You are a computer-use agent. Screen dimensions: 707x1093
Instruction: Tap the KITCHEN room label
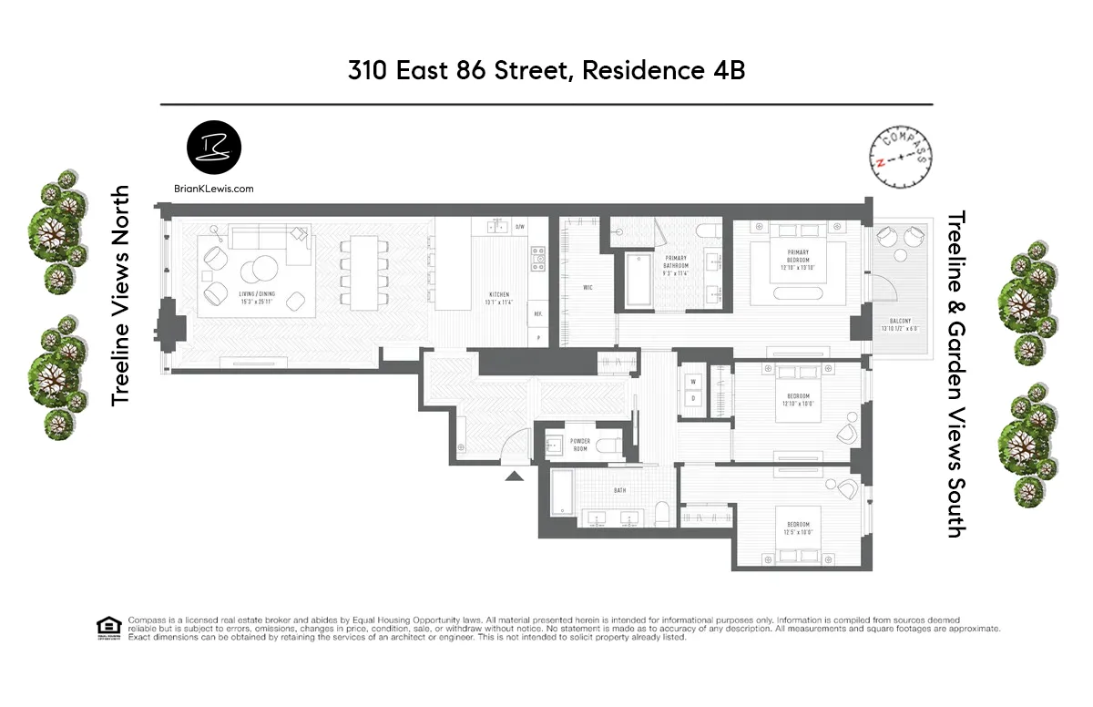click(499, 294)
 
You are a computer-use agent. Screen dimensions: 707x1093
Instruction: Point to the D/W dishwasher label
click(520, 226)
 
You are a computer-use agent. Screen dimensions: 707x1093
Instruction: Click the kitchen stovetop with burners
click(537, 258)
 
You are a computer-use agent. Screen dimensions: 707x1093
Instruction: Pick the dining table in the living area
click(364, 272)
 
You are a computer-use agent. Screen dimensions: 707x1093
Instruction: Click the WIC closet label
click(588, 288)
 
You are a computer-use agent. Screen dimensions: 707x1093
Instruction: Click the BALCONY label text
click(900, 321)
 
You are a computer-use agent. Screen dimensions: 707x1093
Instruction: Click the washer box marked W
click(692, 381)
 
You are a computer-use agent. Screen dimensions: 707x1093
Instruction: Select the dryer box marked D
click(692, 399)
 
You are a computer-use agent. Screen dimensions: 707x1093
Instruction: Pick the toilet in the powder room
click(613, 444)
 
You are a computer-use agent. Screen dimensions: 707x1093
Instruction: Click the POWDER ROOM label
click(580, 445)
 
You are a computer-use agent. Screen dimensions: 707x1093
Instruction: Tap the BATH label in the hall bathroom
click(619, 490)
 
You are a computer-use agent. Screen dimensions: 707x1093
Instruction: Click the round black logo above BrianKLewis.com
click(214, 149)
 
